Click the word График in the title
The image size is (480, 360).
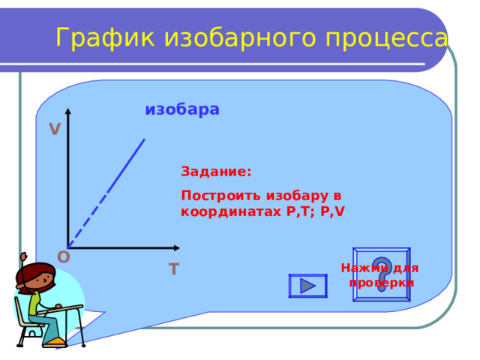[x=105, y=37]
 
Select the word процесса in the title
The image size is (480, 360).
[x=387, y=38]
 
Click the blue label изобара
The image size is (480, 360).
[x=182, y=109]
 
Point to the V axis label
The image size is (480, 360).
[x=55, y=129]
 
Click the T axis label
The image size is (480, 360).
[x=173, y=269]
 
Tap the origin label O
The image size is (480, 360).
[x=63, y=257]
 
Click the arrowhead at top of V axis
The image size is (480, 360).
[x=68, y=111]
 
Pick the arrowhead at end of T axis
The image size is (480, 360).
[x=177, y=248]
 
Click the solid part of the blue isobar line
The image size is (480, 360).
[x=125, y=166]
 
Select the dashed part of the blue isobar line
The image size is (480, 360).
[x=87, y=221]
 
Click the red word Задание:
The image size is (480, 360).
[x=216, y=171]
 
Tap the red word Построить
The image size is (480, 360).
[x=221, y=196]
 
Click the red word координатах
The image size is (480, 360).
[x=231, y=211]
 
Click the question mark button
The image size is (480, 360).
[x=382, y=274]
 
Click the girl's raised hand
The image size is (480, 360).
[x=23, y=256]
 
